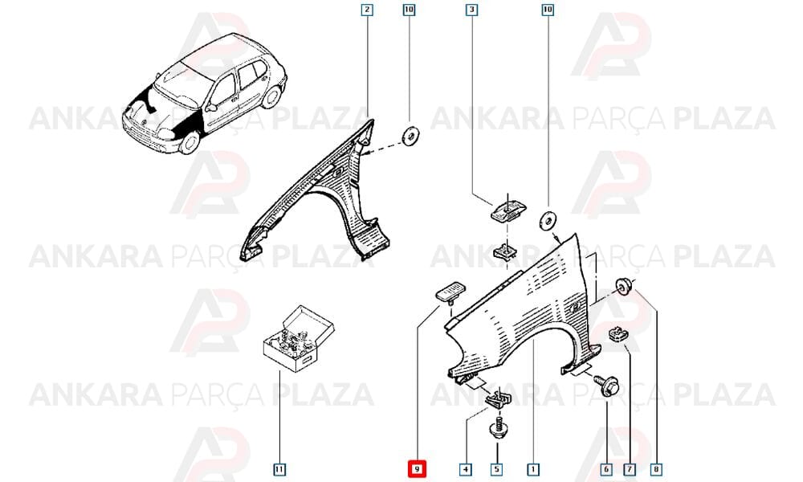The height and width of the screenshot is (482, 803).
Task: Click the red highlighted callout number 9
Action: pyautogui.click(x=417, y=468)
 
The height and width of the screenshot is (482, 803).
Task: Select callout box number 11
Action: pyautogui.click(x=279, y=469)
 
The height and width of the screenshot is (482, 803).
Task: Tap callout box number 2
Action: pyautogui.click(x=367, y=9)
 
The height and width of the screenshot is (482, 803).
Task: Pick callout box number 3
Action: pyautogui.click(x=471, y=9)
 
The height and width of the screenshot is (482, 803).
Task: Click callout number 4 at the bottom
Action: pyautogui.click(x=466, y=469)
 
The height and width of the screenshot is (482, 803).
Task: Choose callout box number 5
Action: pyautogui.click(x=497, y=469)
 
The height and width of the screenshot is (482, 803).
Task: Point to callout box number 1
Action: pyautogui.click(x=533, y=469)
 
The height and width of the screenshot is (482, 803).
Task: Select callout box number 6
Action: pyautogui.click(x=606, y=469)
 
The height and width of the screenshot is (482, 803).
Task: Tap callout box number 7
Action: pyautogui.click(x=630, y=469)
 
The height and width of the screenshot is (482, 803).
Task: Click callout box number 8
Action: pyautogui.click(x=656, y=469)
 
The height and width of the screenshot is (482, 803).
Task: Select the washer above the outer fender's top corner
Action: pyautogui.click(x=548, y=221)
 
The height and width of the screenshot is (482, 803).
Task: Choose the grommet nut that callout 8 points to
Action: pyautogui.click(x=623, y=285)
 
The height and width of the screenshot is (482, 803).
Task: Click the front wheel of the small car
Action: pyautogui.click(x=189, y=142)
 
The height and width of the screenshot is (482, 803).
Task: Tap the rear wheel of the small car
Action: pyautogui.click(x=271, y=97)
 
